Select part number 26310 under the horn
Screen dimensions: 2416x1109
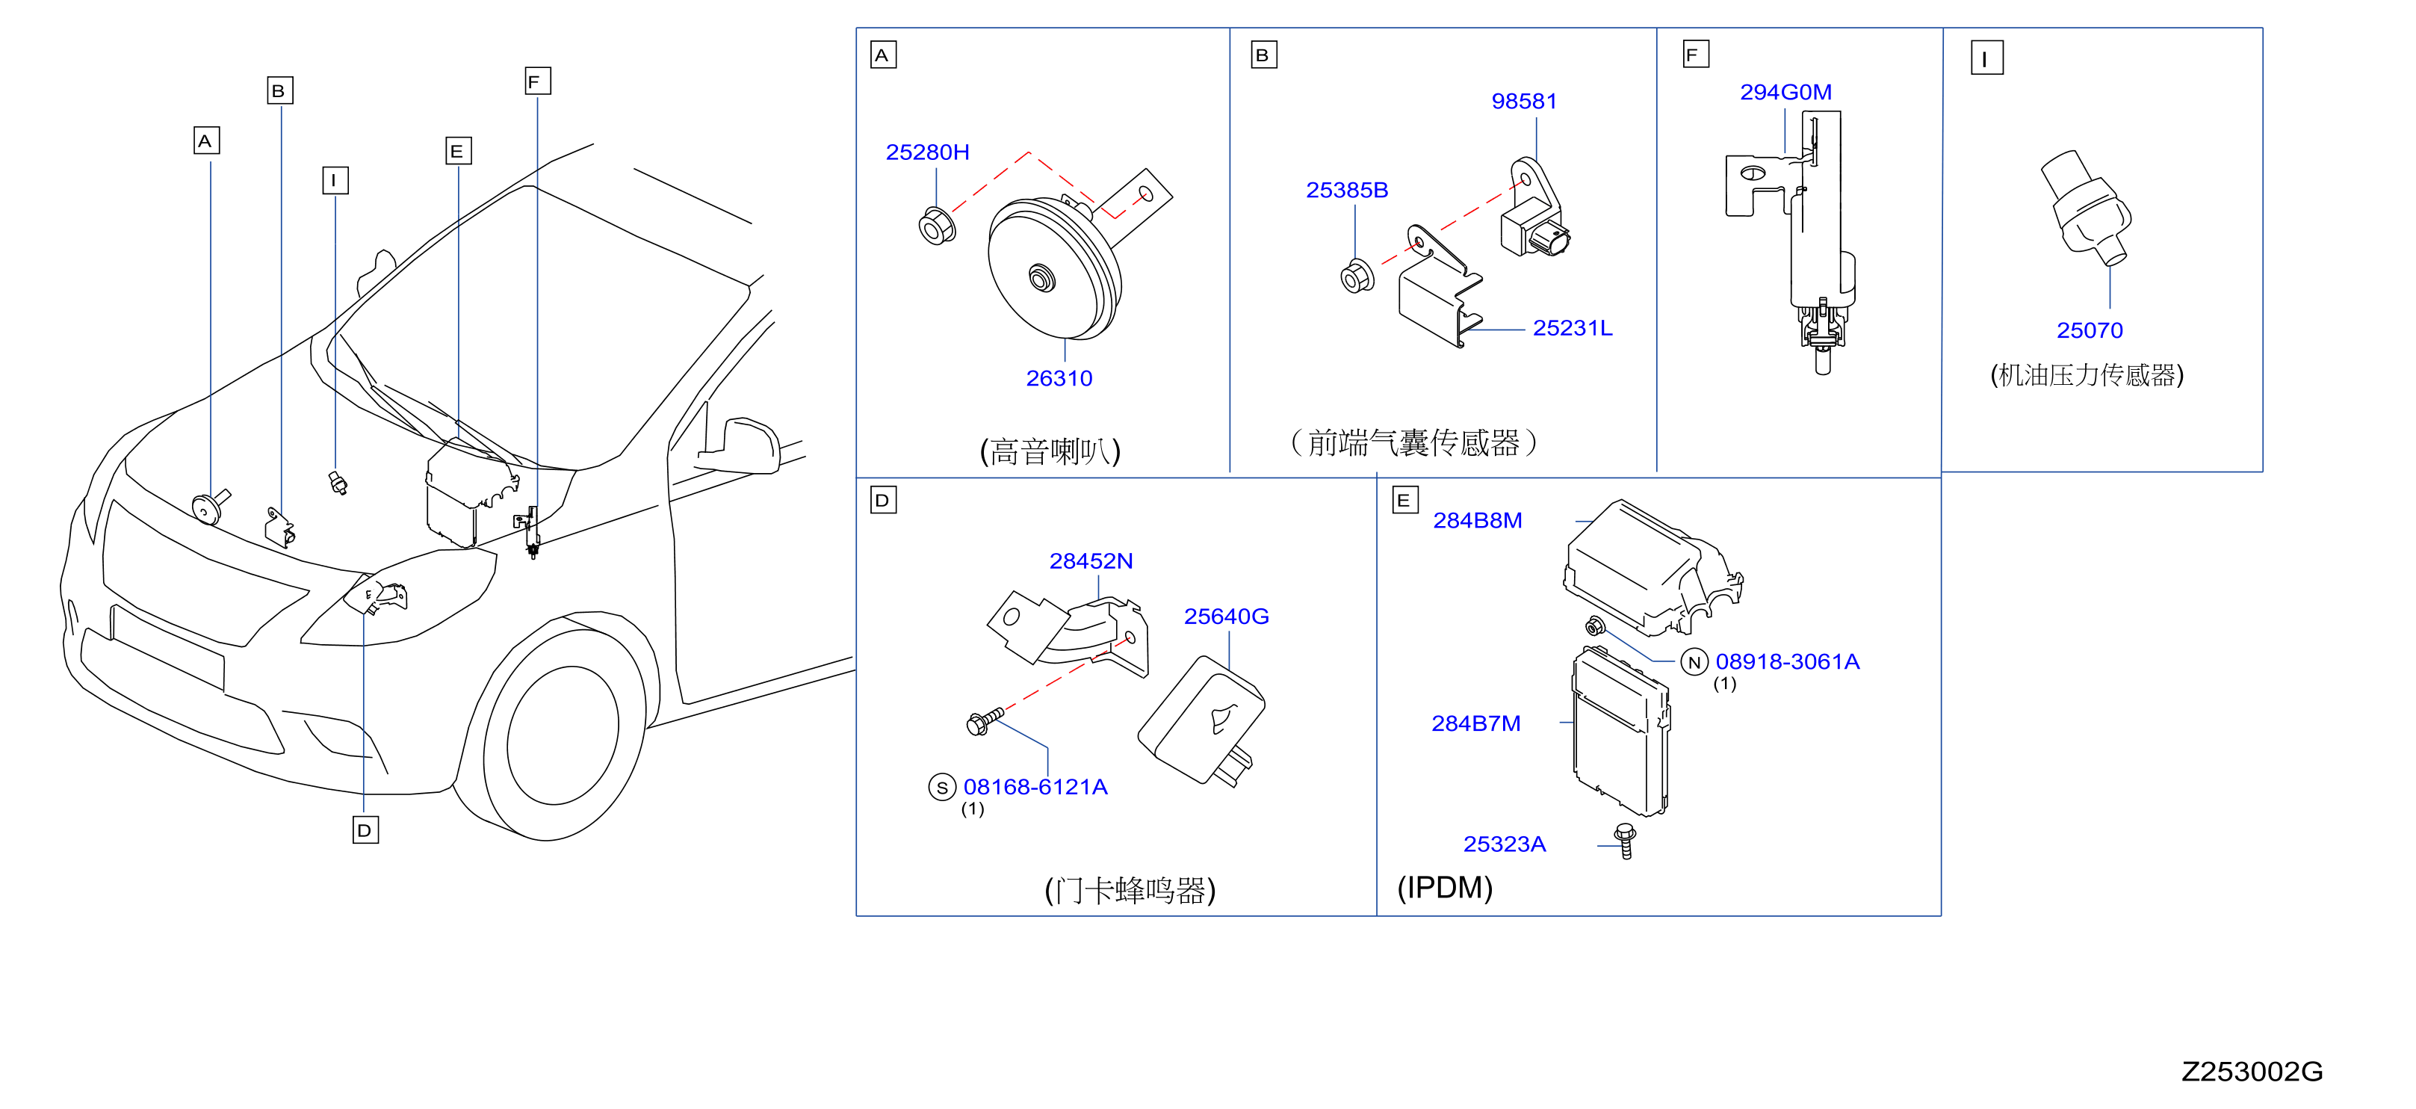click(1059, 378)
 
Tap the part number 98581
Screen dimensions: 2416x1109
click(1524, 102)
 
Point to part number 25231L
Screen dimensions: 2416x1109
click(1572, 328)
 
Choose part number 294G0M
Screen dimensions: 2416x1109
click(1785, 92)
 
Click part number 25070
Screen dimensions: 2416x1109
click(2090, 330)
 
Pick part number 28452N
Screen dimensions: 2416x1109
click(1091, 561)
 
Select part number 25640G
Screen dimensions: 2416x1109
click(1226, 617)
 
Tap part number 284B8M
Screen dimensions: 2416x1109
click(1477, 521)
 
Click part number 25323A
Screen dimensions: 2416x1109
click(1505, 844)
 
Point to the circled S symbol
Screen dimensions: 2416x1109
click(941, 787)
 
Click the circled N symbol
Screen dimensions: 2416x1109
click(1694, 662)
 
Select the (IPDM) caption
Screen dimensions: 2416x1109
click(1444, 888)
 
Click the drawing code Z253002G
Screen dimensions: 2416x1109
click(2252, 1072)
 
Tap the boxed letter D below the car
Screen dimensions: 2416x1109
click(365, 830)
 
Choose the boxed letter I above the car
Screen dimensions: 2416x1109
click(335, 180)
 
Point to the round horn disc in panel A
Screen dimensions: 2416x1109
click(1054, 271)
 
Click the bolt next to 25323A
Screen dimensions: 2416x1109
click(1626, 841)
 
